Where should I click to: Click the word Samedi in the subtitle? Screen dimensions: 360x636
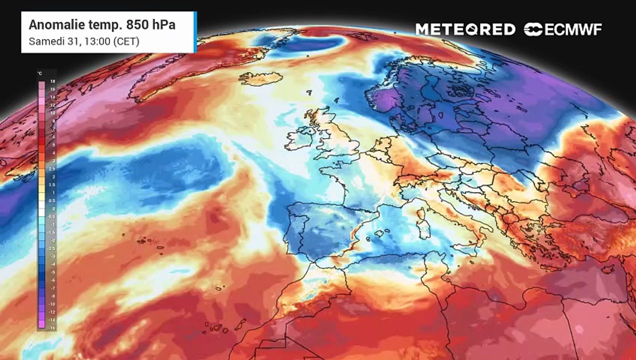(x=44, y=41)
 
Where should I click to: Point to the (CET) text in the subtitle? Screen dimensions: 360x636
(x=126, y=41)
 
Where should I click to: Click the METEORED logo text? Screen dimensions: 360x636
(x=465, y=29)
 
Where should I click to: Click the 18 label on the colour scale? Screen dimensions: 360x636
(x=52, y=80)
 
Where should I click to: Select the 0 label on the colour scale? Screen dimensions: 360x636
(x=52, y=207)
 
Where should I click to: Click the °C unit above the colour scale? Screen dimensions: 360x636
(x=40, y=73)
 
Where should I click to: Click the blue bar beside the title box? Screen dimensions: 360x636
(x=195, y=32)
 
